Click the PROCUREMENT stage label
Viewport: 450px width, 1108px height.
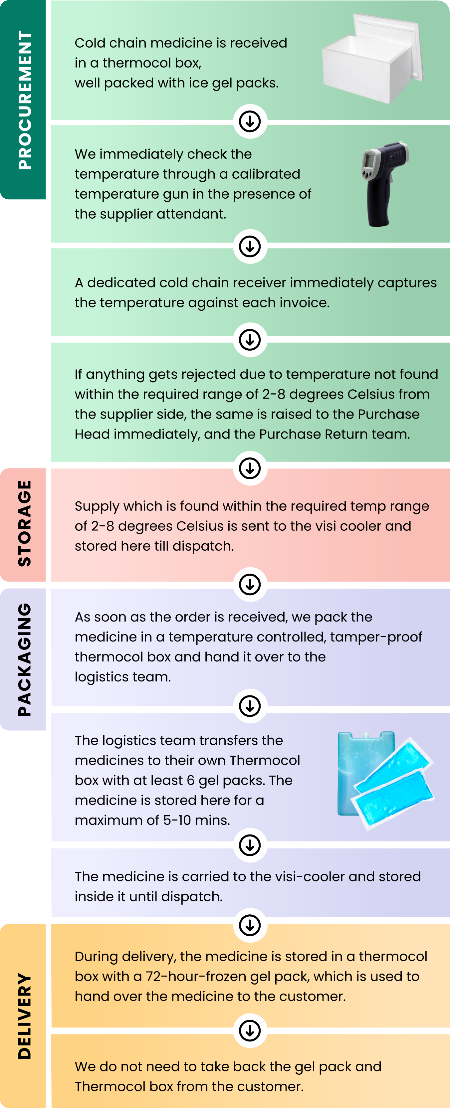[25, 100]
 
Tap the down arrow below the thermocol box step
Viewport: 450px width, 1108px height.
[250, 121]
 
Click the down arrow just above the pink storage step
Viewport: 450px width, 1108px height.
[250, 468]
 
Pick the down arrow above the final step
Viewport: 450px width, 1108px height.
[250, 1031]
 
